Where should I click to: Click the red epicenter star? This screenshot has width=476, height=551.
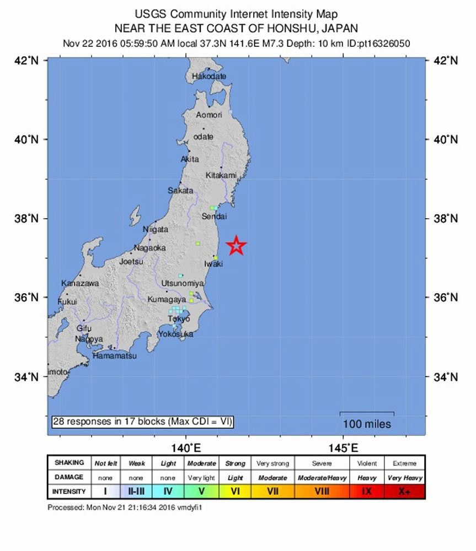pos(237,246)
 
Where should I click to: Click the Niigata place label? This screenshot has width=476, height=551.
pos(156,229)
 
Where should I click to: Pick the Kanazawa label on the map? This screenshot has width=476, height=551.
pos(80,283)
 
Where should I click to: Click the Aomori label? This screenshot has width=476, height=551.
pos(210,115)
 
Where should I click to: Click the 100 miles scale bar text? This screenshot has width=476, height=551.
pos(367,424)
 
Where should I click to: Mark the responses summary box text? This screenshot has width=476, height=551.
pos(143,422)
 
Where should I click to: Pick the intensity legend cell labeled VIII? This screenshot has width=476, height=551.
pos(323,491)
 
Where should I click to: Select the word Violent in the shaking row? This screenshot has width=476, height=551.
pos(367,463)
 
